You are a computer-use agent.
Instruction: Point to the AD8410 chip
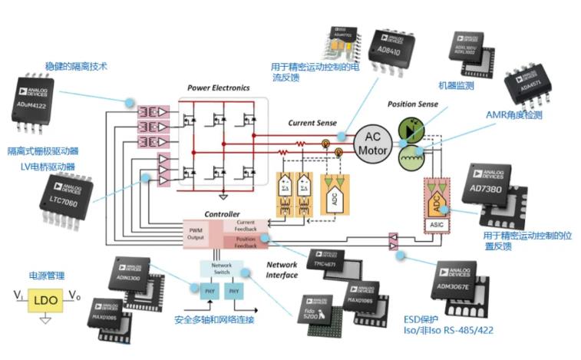click(x=393, y=50)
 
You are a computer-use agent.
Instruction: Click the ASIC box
click(x=434, y=225)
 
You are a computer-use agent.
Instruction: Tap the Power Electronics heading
click(x=219, y=88)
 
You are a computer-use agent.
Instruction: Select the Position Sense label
click(x=412, y=104)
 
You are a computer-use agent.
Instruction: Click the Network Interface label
click(x=282, y=269)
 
